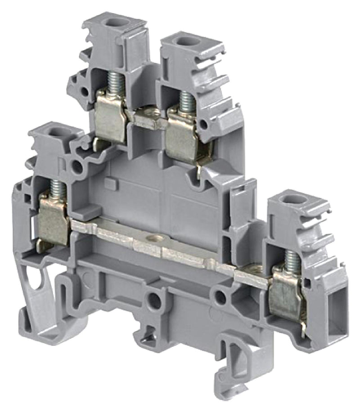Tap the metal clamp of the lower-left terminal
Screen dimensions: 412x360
[54, 220]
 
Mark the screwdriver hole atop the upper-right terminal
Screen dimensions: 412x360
[184, 42]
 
